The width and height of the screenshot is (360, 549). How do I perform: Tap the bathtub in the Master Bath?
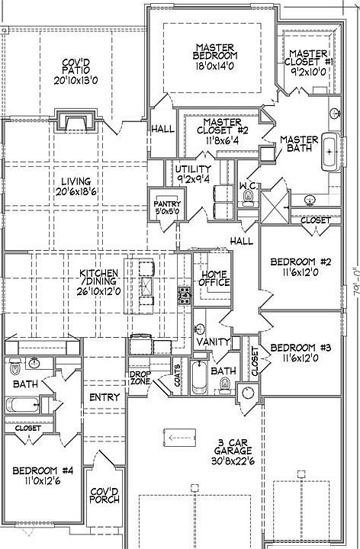[330, 152]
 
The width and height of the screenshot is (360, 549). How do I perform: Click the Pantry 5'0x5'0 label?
[167, 207]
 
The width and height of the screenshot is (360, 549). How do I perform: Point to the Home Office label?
[214, 278]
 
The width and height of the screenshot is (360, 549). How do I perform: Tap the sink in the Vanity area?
[199, 329]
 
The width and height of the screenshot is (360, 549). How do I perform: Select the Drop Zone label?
[140, 378]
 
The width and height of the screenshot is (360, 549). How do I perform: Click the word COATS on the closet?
[178, 376]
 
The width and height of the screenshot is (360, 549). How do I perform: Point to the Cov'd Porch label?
[104, 496]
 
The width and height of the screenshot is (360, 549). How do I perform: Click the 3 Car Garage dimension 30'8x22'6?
[233, 461]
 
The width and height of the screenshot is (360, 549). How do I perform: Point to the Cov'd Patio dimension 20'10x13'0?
[76, 81]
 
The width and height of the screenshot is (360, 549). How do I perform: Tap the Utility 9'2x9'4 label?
[193, 174]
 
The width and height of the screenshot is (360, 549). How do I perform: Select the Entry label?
[104, 397]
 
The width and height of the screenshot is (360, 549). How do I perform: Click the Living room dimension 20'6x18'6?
[76, 191]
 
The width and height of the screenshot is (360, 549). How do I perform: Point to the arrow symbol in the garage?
[179, 437]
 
